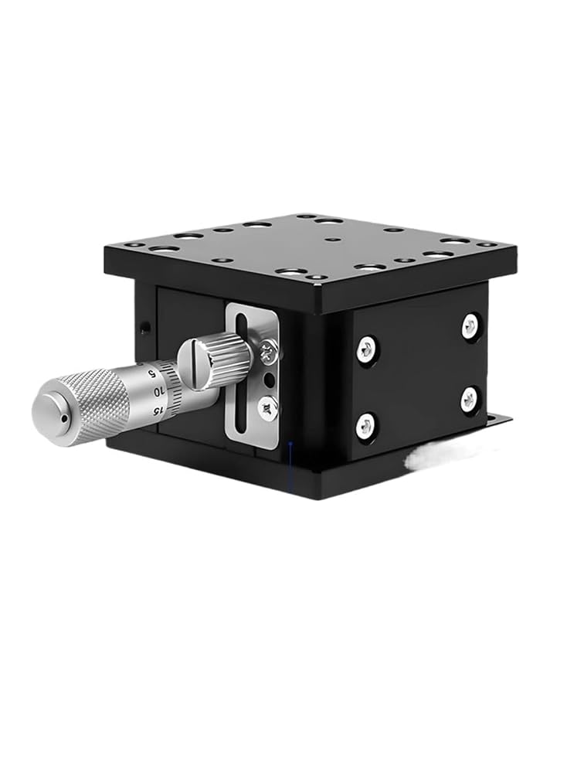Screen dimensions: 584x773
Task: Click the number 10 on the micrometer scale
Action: (158, 392)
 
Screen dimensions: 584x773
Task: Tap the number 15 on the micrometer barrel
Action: (158, 411)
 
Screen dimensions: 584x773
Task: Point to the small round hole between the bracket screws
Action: (268, 380)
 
